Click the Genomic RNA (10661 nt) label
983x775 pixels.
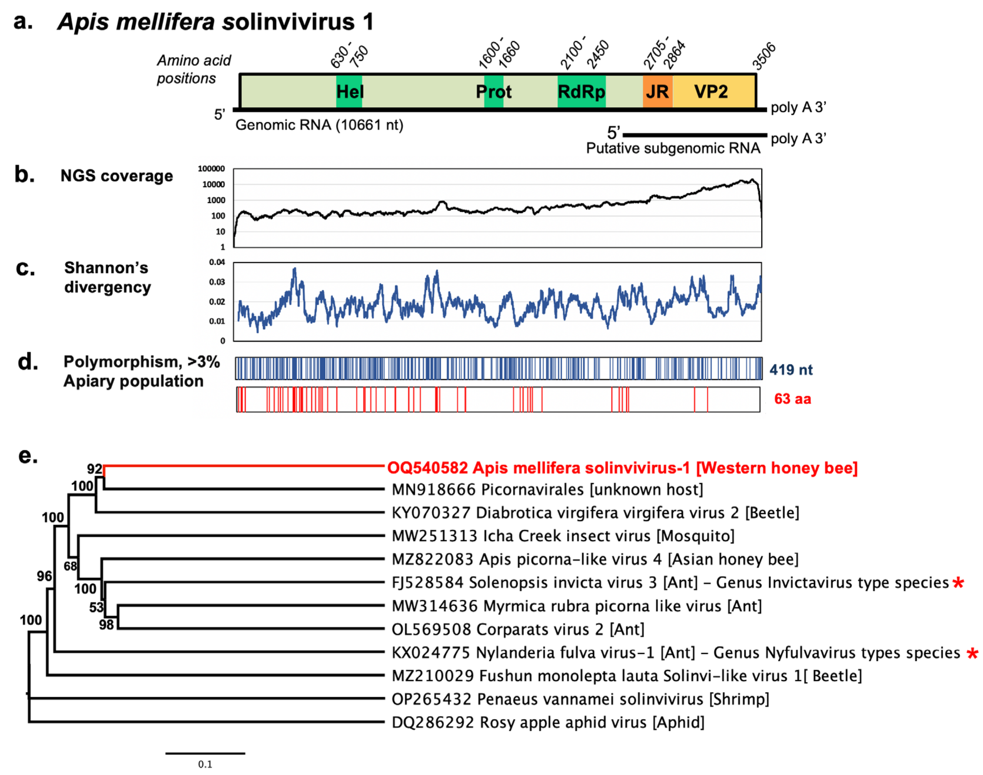[x=319, y=125]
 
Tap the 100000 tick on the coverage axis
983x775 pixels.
[x=211, y=169]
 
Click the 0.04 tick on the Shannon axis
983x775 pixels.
[x=217, y=262]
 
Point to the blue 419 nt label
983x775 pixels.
[x=791, y=370]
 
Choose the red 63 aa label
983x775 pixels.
[x=793, y=399]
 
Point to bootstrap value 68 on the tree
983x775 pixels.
[x=70, y=566]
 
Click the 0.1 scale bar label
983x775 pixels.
[x=205, y=764]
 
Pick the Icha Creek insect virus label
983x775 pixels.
[x=563, y=536]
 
